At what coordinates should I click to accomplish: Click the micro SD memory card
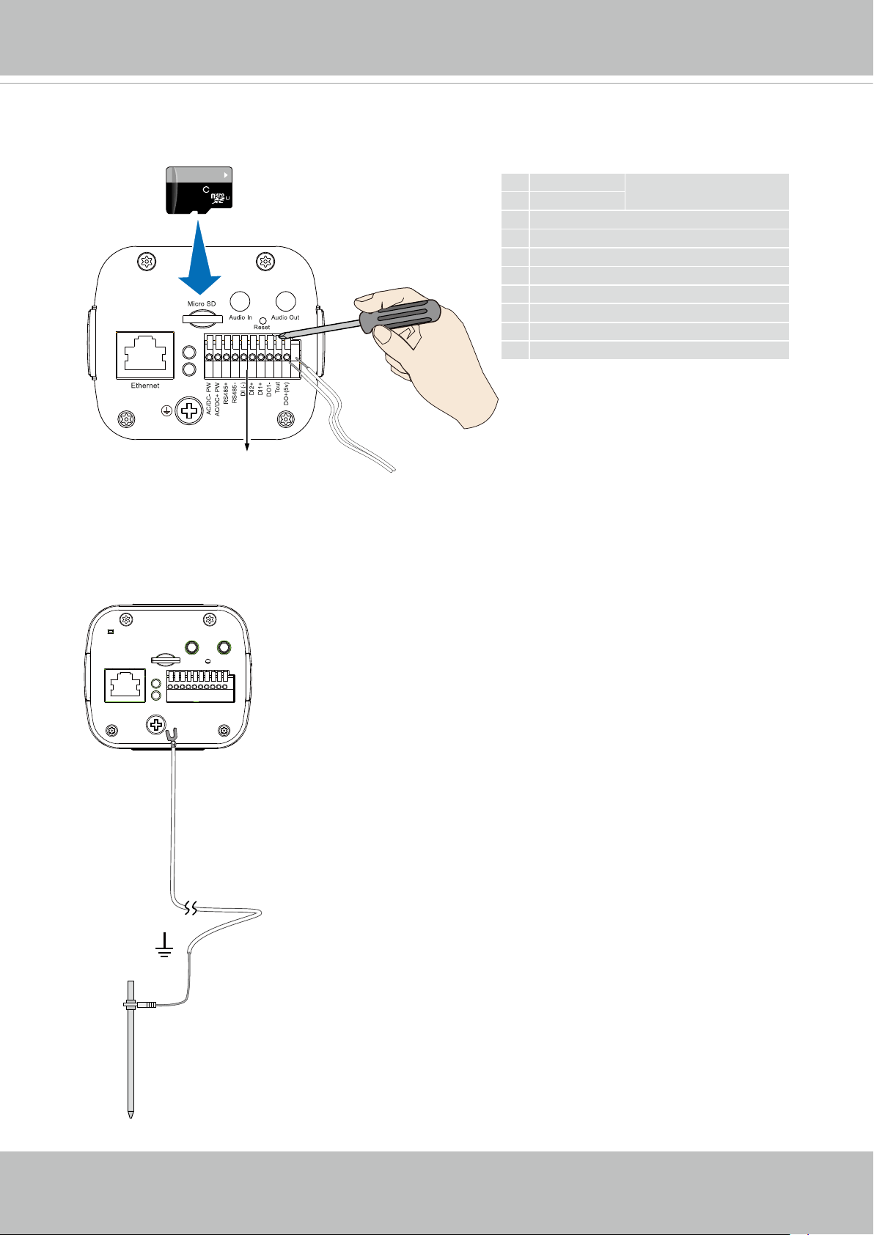coord(199,190)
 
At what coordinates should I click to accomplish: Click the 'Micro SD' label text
coord(202,304)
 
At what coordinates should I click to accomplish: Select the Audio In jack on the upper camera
coord(240,301)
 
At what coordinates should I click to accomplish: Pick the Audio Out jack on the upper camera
coord(285,301)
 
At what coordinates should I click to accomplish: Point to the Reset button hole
coord(262,320)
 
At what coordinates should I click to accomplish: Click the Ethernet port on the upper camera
coord(145,355)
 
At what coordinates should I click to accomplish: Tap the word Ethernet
coord(145,386)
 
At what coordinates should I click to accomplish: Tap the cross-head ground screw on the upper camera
coord(191,410)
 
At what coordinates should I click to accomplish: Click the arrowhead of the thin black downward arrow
coord(246,450)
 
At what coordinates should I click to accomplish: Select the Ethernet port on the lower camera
coord(125,685)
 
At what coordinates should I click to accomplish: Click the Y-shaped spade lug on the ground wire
coord(174,734)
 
